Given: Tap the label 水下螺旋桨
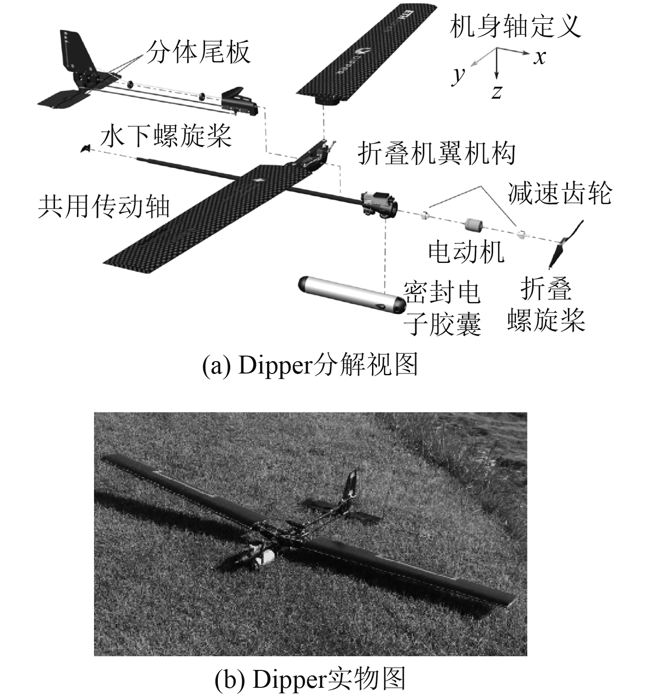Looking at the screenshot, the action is click(166, 136).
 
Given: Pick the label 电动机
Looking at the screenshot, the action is click(466, 251).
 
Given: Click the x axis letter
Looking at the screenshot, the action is click(540, 57).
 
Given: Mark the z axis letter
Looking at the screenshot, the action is click(496, 92).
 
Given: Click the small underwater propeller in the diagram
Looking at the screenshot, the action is click(85, 148).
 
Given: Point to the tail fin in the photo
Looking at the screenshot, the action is click(351, 485).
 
